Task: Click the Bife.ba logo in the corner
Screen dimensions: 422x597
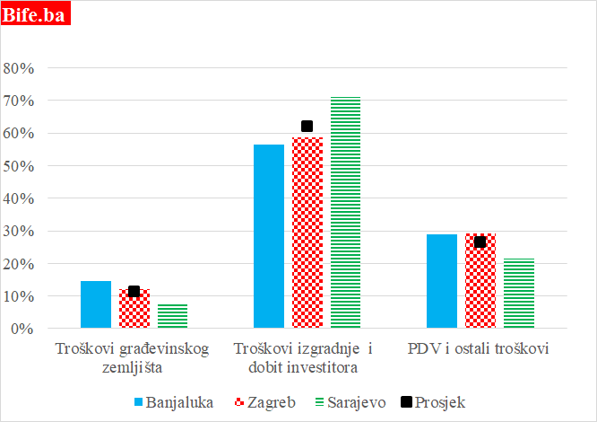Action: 38,15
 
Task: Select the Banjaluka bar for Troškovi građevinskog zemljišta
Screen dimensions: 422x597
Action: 96,305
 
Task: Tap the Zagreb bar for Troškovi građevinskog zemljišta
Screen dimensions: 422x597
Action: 134,311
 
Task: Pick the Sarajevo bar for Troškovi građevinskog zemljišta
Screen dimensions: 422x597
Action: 173,316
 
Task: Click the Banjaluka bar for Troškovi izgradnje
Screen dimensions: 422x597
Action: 269,236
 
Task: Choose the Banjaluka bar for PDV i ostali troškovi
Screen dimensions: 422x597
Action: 442,281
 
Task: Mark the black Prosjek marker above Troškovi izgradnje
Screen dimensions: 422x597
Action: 307,127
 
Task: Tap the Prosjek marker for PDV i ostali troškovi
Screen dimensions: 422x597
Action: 480,242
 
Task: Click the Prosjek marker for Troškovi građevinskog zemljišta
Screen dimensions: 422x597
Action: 134,291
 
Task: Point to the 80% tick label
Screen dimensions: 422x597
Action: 19,68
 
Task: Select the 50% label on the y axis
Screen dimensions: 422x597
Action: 19,166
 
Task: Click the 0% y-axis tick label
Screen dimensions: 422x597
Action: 22,329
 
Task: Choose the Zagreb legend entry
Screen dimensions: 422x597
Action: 264,401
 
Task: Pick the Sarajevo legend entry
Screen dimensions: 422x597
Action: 354,401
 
